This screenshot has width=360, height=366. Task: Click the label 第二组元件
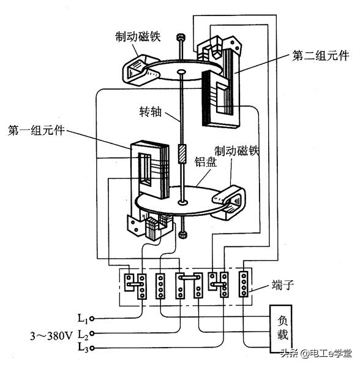(321, 56)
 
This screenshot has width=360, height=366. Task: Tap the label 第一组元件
(36, 130)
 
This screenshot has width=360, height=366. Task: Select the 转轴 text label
(151, 112)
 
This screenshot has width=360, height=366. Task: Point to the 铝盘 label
(206, 162)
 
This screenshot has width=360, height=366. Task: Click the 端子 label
(282, 285)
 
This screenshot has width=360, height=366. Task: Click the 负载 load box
(281, 329)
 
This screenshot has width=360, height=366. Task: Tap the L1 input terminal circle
(92, 318)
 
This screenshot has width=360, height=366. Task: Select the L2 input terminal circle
(92, 334)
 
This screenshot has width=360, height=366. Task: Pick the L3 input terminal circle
(92, 348)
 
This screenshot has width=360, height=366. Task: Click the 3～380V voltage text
(51, 336)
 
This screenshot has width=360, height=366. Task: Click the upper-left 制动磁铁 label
(138, 37)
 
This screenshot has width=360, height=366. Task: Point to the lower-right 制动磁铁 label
(237, 151)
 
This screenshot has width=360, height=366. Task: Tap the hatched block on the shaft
(182, 154)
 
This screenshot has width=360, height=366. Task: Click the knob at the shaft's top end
(180, 37)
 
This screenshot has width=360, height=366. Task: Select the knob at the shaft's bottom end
(182, 235)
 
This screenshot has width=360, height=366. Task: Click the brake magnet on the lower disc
(229, 202)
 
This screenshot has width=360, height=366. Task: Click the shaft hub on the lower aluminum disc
(182, 202)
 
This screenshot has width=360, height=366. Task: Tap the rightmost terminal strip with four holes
(244, 284)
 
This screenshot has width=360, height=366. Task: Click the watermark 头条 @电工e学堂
(316, 354)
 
